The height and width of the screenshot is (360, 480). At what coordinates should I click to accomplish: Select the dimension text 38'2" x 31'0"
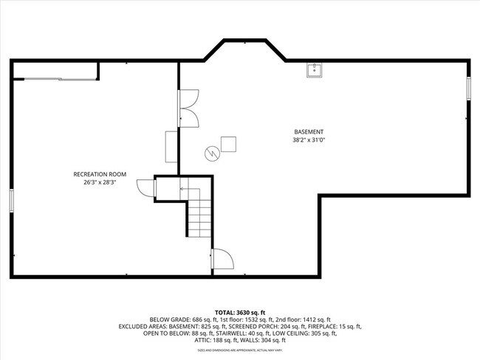coord(309,139)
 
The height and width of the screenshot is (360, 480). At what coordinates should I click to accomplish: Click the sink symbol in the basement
coord(315,69)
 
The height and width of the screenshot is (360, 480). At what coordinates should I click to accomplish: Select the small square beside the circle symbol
coord(229,144)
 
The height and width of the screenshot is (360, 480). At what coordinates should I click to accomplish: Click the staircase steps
coord(198,218)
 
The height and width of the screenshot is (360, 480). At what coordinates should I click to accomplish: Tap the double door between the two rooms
coord(189,108)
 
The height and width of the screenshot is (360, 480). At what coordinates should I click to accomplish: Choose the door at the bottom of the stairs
coord(222,259)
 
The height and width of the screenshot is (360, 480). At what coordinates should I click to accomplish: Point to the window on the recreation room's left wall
coord(11,201)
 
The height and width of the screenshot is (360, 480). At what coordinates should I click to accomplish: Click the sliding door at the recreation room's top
coord(55,77)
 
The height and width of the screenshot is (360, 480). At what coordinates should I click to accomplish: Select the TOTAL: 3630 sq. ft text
coord(240,311)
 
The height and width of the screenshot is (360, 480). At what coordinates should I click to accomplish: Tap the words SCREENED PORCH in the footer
coord(250,326)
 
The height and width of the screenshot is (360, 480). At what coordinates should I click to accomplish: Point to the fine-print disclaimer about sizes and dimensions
coord(240,350)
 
